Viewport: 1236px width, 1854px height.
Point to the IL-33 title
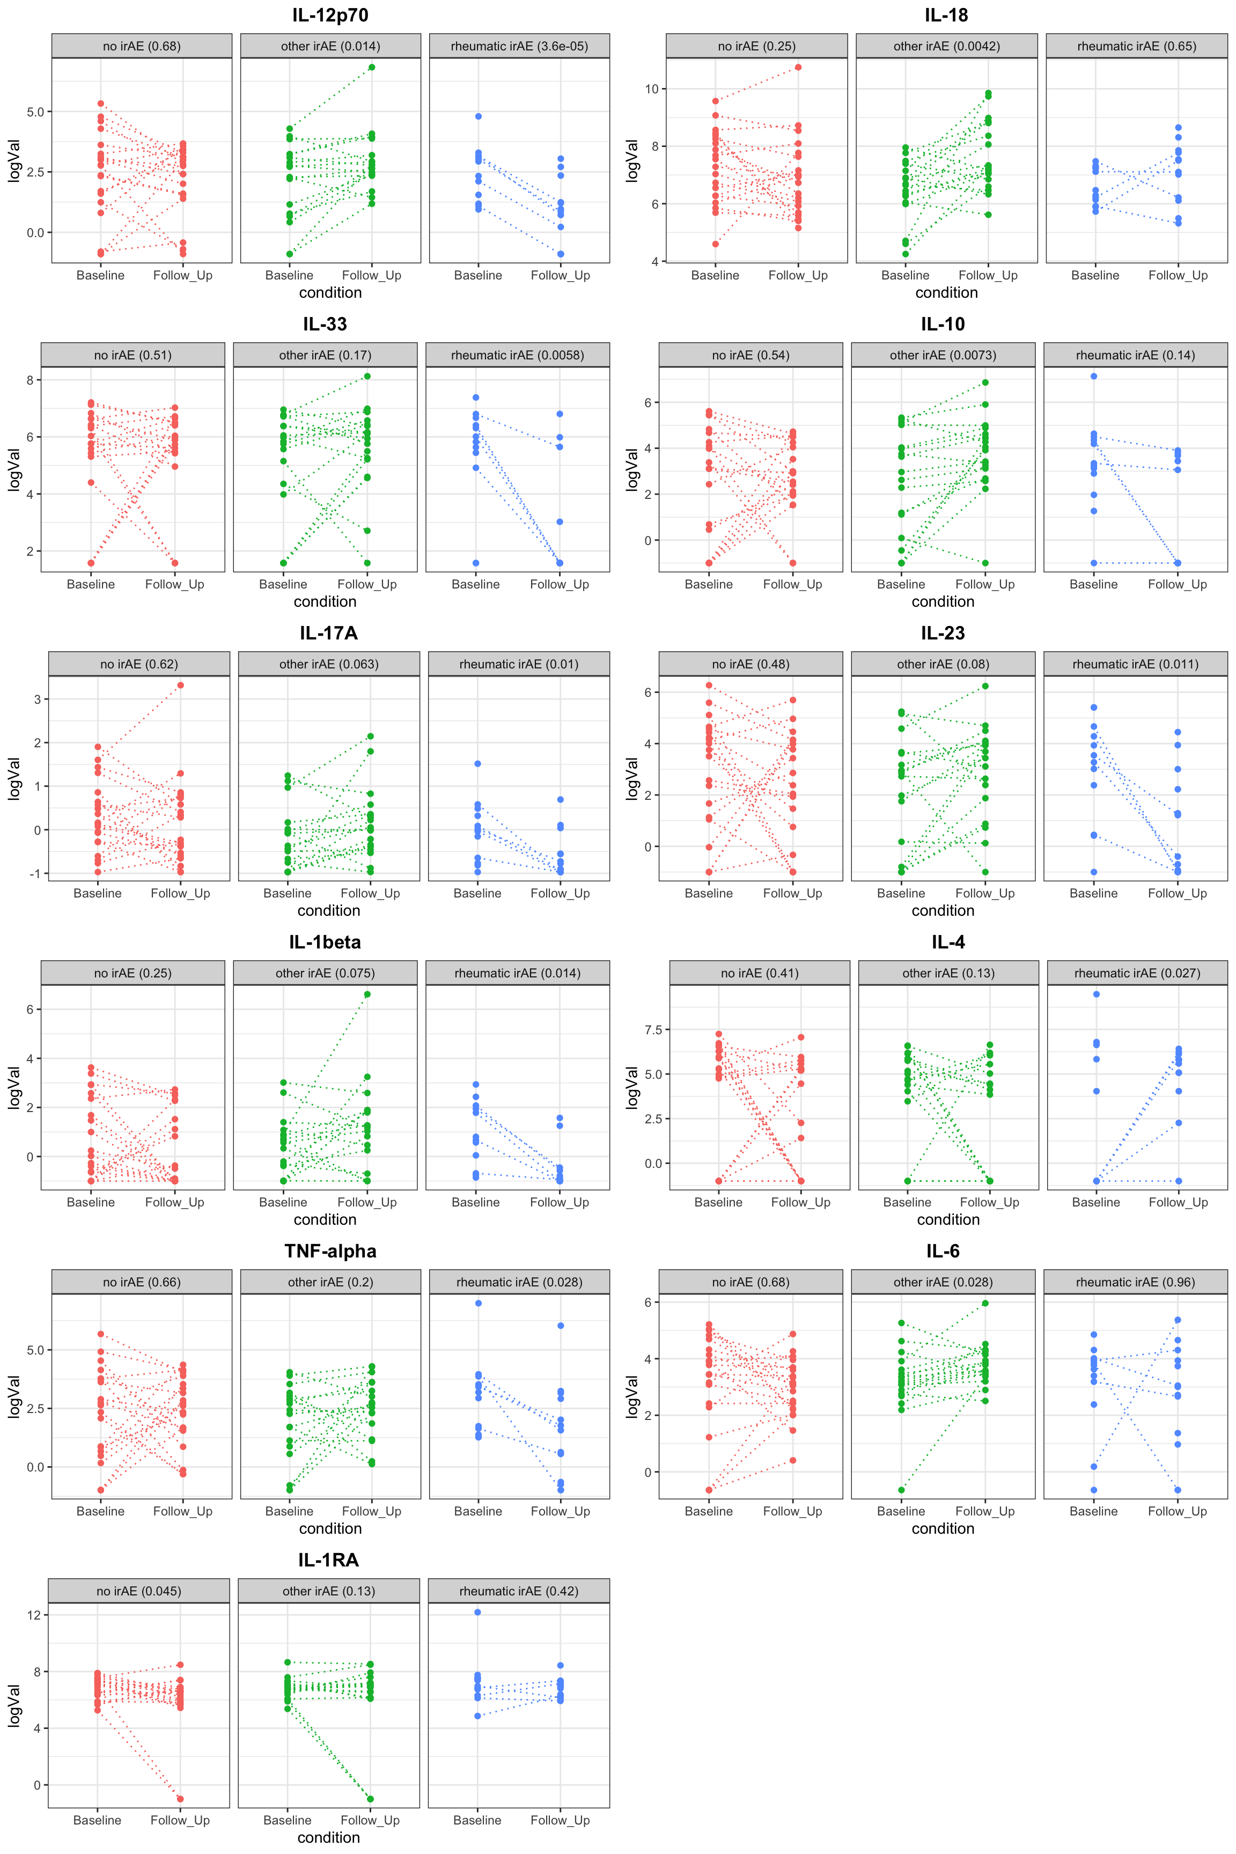pos(325,324)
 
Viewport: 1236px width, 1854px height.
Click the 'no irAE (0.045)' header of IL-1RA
pos(139,1591)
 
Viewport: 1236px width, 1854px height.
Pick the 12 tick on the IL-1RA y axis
pos(34,1614)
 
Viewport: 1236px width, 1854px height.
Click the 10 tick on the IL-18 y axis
pos(651,89)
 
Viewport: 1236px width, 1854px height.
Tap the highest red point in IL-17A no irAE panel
pos(180,685)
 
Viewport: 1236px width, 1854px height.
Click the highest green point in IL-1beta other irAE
pos(367,994)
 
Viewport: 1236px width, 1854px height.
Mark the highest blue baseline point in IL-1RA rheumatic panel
pos(477,1612)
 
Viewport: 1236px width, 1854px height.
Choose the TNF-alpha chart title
pos(330,1251)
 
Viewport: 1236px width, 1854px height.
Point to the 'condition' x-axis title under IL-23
pos(943,910)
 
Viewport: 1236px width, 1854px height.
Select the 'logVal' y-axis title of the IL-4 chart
pos(631,1088)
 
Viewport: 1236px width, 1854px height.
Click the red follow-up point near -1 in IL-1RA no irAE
pos(180,1798)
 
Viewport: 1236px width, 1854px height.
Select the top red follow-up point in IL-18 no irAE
pos(798,67)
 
